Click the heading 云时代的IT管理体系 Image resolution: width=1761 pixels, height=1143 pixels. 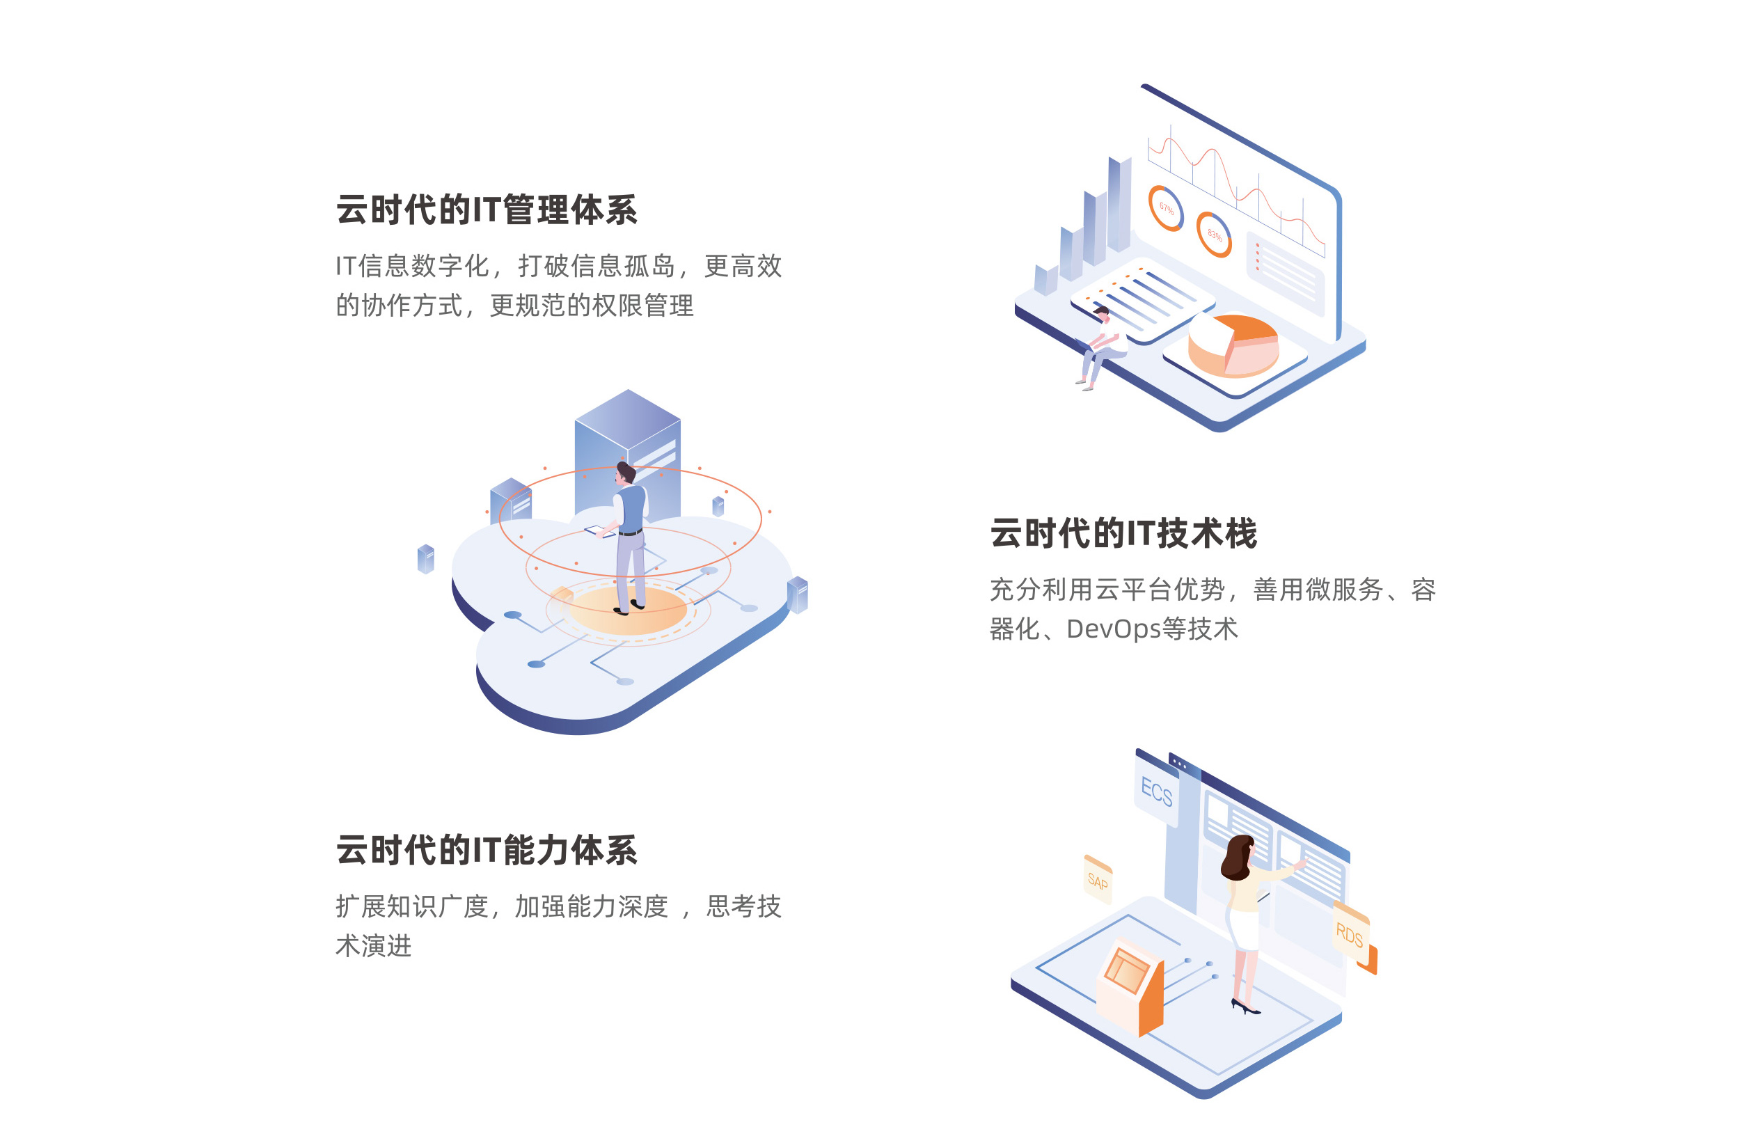tap(486, 210)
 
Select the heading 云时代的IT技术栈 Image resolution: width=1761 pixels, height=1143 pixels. tap(1123, 533)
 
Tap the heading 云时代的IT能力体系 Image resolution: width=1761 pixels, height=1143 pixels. tap(486, 850)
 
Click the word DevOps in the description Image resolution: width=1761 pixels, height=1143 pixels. tap(1113, 629)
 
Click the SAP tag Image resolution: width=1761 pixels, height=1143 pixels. tap(1097, 880)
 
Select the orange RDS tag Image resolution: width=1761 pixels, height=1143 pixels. tap(1352, 936)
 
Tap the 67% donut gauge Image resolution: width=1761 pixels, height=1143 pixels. tap(1165, 208)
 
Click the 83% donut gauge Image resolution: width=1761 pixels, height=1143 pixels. tap(1214, 235)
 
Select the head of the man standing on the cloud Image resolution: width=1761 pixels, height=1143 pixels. tap(625, 473)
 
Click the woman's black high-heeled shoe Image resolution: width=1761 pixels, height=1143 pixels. tap(1245, 1006)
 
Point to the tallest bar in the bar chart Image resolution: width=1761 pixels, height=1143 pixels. tap(1119, 204)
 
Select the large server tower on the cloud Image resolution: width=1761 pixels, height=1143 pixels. tap(627, 455)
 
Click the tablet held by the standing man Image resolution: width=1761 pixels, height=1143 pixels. tap(599, 531)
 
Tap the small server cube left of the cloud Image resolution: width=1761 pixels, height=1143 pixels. tap(425, 558)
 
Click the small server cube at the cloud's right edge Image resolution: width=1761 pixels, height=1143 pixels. tap(797, 594)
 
